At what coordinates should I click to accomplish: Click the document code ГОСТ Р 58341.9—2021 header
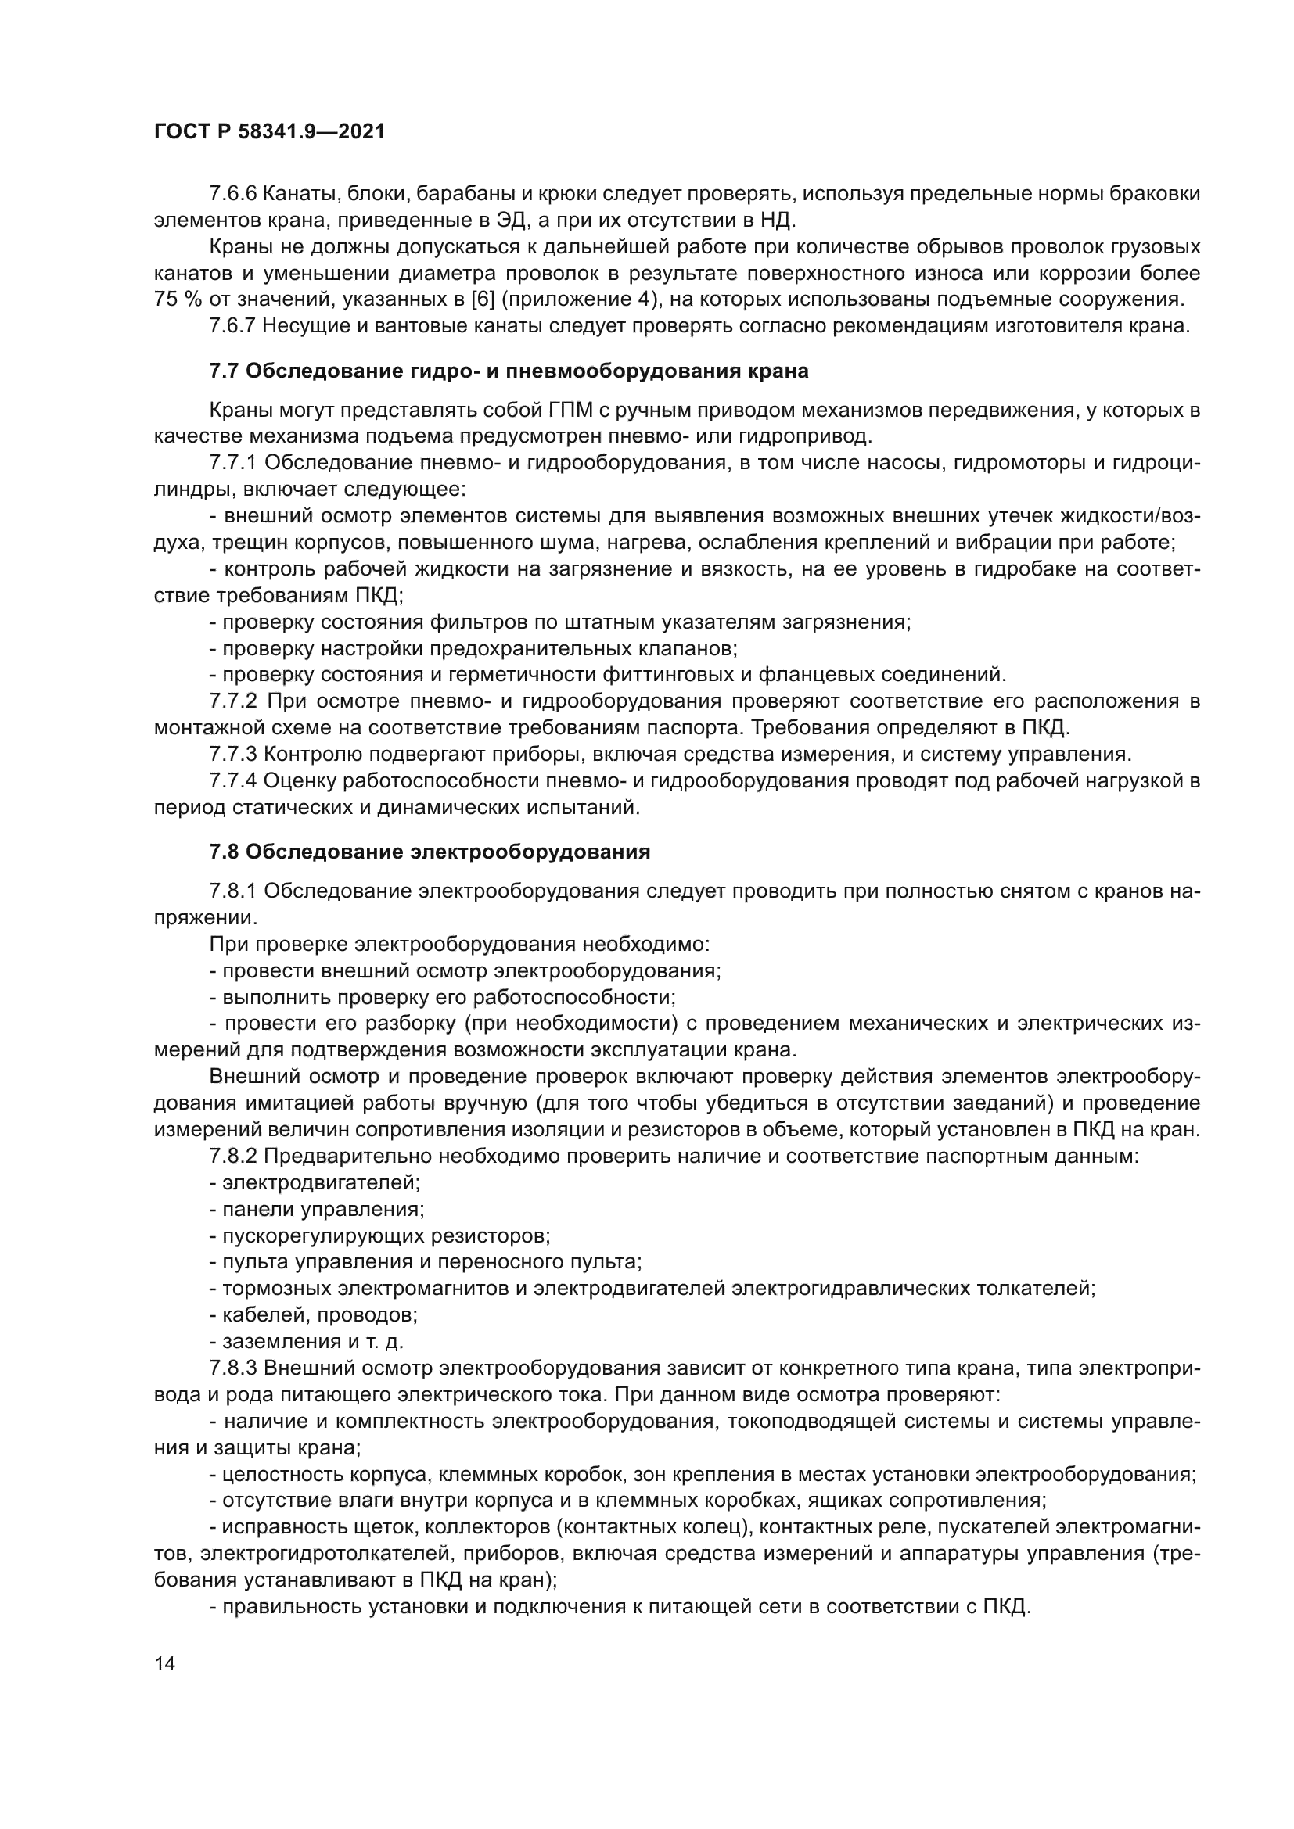[268, 132]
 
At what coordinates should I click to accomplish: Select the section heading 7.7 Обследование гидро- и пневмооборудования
[509, 371]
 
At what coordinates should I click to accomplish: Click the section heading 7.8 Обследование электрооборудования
[430, 852]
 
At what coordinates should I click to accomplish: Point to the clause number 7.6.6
[232, 194]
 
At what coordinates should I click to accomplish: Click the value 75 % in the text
[178, 299]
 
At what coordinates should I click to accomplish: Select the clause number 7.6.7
[232, 326]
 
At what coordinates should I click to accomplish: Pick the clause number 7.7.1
[232, 463]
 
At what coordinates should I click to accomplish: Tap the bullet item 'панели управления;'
[316, 1209]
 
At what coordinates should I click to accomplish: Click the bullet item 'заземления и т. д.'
[306, 1342]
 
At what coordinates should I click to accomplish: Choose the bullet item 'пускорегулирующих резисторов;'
[379, 1235]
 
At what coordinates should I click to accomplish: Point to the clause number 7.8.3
[232, 1368]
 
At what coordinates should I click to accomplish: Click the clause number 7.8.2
[232, 1156]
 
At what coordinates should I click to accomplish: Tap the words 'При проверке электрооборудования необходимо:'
[459, 945]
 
